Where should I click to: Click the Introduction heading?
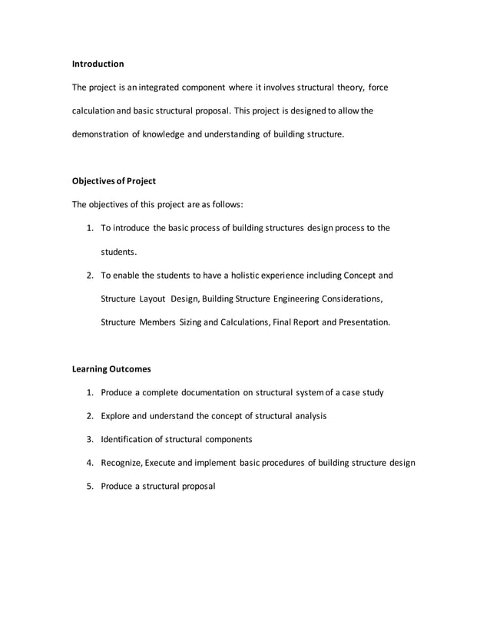pos(98,64)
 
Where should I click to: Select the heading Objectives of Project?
pos(114,181)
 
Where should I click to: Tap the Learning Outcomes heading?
pos(111,368)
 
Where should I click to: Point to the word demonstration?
pos(101,134)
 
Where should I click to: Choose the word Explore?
pos(117,415)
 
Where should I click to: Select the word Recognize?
pos(123,463)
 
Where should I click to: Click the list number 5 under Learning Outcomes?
pos(89,486)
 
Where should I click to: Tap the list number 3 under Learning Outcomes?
pos(89,439)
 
